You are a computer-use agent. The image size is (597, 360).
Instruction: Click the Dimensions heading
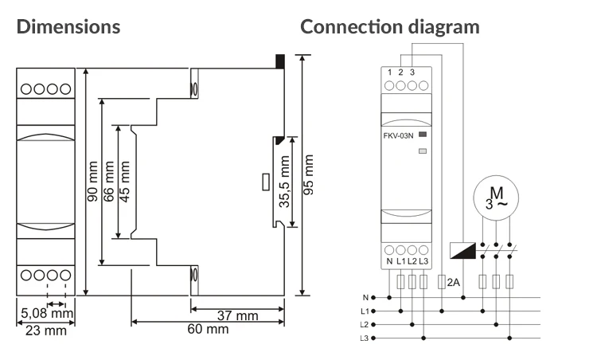pyautogui.click(x=68, y=26)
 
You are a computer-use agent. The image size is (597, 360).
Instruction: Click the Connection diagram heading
pyautogui.click(x=390, y=26)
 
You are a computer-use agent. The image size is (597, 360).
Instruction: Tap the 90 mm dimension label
pyautogui.click(x=92, y=182)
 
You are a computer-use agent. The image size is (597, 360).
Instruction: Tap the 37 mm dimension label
pyautogui.click(x=238, y=316)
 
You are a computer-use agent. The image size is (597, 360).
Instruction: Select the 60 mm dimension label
pyautogui.click(x=209, y=329)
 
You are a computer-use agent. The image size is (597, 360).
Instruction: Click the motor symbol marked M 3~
pyautogui.click(x=495, y=198)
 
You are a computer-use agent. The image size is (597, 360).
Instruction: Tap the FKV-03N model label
pyautogui.click(x=398, y=136)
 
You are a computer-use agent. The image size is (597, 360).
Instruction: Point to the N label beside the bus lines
pyautogui.click(x=365, y=298)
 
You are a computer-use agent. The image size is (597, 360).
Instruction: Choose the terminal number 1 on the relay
pyautogui.click(x=389, y=73)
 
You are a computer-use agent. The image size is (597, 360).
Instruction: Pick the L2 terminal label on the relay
pyautogui.click(x=412, y=261)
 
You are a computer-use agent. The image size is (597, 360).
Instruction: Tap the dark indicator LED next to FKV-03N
pyautogui.click(x=423, y=135)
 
